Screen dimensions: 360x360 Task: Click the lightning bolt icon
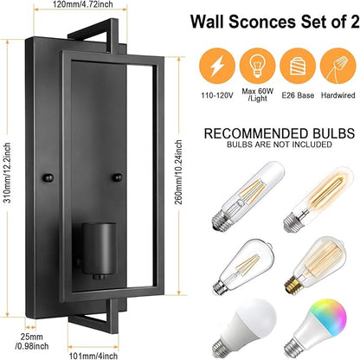point(217,66)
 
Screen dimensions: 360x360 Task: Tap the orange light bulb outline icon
point(257,66)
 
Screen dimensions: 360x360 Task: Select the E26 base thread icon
point(298,66)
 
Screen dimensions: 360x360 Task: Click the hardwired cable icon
point(337,66)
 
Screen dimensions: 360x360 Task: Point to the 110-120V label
point(217,95)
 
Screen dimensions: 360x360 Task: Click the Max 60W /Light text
point(257,94)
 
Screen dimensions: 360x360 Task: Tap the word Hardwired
point(337,95)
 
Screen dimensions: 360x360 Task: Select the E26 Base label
point(298,95)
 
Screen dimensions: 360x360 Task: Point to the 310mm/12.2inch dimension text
point(8,172)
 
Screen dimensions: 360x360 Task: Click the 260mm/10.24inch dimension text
point(179,172)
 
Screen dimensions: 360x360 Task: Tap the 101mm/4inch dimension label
point(93,356)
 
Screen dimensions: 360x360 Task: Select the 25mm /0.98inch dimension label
point(32,341)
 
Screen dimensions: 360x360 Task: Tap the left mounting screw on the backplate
point(48,177)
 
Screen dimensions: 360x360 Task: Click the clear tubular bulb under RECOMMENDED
point(247,196)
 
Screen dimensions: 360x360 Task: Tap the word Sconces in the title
point(262,22)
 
